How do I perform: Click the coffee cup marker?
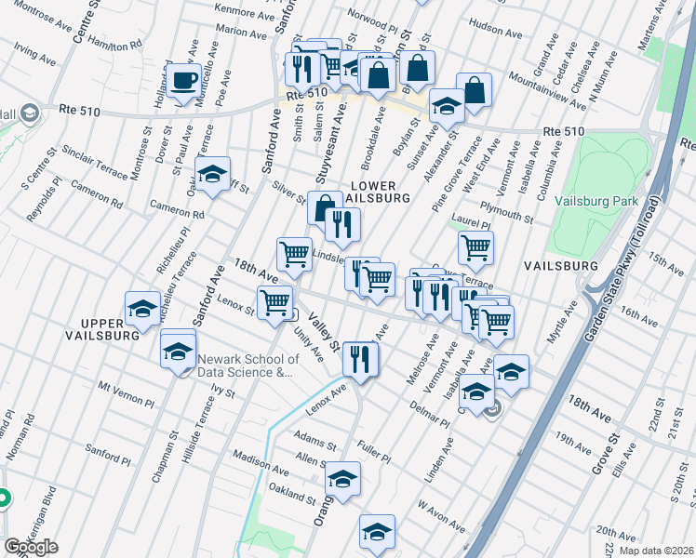point(183,80)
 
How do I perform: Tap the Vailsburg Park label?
point(613,200)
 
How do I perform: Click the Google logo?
point(31,547)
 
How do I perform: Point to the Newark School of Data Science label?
point(247,365)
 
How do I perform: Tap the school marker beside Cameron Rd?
point(212,174)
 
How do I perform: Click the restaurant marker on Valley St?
point(358,358)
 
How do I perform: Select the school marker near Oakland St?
point(343,479)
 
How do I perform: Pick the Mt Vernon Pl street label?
point(124,391)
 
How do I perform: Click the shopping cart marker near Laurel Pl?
point(475,247)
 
